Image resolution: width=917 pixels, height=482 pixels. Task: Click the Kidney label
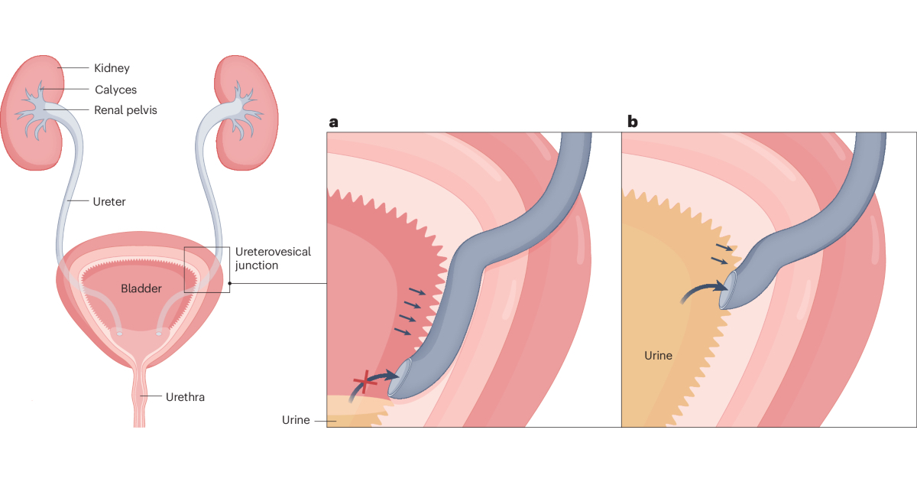coord(112,69)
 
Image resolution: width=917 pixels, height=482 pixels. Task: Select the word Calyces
coord(116,90)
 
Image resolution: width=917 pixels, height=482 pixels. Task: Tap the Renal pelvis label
coord(126,110)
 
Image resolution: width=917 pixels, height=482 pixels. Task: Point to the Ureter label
coord(108,202)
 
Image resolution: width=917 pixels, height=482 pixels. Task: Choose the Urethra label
coord(186,397)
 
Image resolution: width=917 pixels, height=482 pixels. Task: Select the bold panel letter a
coord(333,122)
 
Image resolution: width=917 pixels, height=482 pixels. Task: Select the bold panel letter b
coord(633,122)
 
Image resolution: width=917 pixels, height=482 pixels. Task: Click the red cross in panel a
coord(365,383)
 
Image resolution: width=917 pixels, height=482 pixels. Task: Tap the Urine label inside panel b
coord(658,356)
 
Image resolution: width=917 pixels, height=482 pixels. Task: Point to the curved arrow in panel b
coord(703,289)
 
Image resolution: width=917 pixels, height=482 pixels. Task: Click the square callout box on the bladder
coord(207,269)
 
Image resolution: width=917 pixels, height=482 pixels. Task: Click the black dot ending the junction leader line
coord(229,283)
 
